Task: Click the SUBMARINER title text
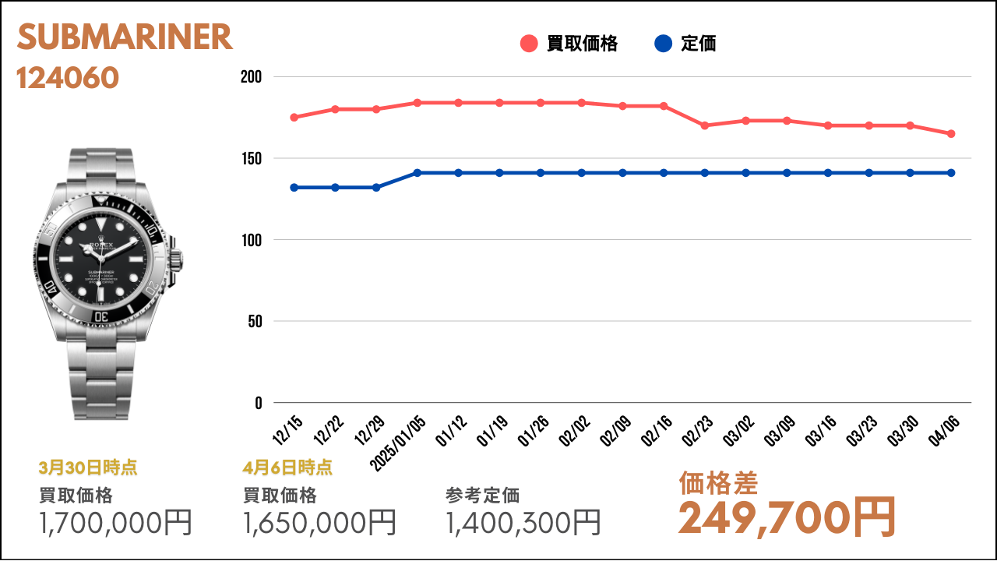point(125,37)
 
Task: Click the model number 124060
point(68,78)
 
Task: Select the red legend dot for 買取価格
point(529,44)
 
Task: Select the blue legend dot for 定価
point(663,44)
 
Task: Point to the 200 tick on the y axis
point(251,77)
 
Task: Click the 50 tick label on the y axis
point(255,321)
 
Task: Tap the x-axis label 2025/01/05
point(398,443)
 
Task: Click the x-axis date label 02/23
point(697,431)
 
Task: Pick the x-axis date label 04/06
point(943,431)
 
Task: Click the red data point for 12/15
point(294,118)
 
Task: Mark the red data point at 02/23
point(705,125)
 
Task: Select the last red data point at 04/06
point(951,133)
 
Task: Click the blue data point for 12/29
point(376,188)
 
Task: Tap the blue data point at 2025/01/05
point(417,173)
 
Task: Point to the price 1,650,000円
point(319,522)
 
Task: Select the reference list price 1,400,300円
point(523,522)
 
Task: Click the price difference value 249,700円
point(787,518)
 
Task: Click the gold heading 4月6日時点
point(287,467)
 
